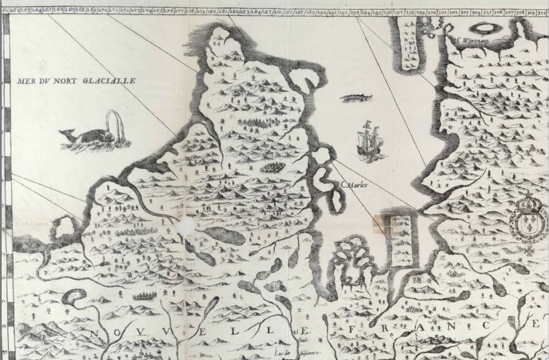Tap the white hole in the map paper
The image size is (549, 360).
tap(187, 226)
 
